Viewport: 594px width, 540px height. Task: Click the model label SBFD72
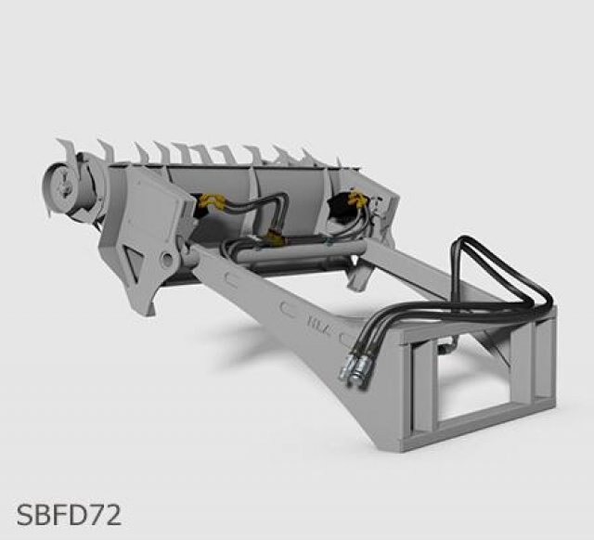click(x=69, y=515)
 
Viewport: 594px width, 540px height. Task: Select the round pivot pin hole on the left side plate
click(x=167, y=259)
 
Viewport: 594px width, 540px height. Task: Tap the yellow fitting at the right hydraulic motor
click(x=356, y=199)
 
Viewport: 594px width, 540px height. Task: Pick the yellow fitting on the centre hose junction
click(x=274, y=238)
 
